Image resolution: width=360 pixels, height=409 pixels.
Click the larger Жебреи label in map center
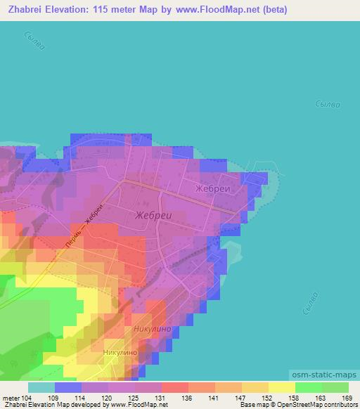point(153,215)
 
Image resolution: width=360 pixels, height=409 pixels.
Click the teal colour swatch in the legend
point(41,387)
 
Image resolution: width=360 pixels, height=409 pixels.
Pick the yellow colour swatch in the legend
point(281,387)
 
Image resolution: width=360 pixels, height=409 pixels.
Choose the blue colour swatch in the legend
point(68,387)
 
